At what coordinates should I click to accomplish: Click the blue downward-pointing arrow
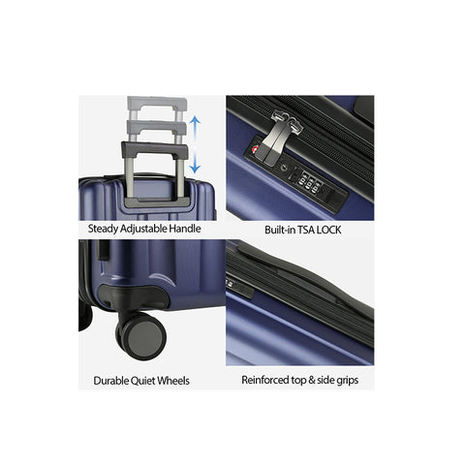(x=195, y=162)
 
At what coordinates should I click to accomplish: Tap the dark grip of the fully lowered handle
(x=155, y=149)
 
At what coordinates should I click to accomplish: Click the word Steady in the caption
(x=103, y=229)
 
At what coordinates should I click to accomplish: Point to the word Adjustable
(x=144, y=229)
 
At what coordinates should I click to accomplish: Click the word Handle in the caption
(x=185, y=229)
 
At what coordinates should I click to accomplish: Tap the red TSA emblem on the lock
(x=256, y=149)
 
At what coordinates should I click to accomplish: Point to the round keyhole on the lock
(x=284, y=168)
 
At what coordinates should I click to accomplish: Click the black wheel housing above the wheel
(x=134, y=296)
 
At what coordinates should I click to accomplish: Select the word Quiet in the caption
(x=144, y=381)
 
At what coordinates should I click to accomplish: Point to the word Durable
(x=111, y=381)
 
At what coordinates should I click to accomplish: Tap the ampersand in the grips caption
(x=312, y=380)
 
